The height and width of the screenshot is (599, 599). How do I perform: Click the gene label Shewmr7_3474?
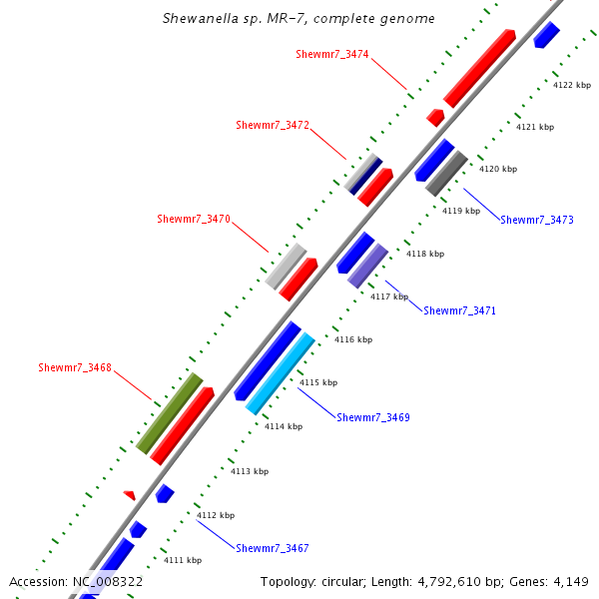332,54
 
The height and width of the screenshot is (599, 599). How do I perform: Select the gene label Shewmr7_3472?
273,126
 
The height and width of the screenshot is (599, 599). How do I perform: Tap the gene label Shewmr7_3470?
194,220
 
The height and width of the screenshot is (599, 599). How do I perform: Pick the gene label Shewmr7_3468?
75,368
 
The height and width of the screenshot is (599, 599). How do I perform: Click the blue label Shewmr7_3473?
537,220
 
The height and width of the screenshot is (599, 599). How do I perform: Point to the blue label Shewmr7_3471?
459,311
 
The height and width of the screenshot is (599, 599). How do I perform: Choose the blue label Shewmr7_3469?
373,417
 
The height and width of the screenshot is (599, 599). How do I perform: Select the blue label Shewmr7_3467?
273,548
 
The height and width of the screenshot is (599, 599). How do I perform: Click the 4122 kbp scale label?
572,86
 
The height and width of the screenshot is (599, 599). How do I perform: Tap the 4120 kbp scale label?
498,170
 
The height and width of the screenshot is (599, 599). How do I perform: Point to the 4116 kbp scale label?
353,340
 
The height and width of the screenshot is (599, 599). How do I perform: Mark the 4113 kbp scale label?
250,471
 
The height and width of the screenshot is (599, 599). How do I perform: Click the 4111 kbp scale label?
183,561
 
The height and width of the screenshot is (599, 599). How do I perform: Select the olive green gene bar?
170,413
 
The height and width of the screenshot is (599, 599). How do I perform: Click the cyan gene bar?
281,374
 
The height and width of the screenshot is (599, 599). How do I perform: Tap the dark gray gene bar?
446,173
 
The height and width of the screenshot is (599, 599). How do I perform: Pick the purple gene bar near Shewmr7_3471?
367,266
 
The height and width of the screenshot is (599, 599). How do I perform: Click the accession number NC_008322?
108,581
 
